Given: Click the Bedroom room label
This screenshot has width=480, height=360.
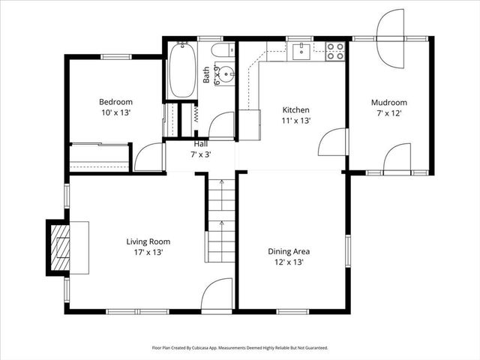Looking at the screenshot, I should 115,102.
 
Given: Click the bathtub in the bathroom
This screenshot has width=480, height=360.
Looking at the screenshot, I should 182,71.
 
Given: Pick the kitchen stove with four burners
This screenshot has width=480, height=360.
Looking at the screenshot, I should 335,51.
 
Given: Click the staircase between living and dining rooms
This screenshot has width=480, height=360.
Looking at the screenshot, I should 221,221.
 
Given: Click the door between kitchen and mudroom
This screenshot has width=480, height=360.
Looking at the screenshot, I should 334,142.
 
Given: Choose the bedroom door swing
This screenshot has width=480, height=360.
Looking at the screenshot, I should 149,157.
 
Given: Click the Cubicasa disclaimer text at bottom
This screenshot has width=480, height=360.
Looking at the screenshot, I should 240,348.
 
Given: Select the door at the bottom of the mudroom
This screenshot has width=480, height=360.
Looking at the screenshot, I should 397,158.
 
